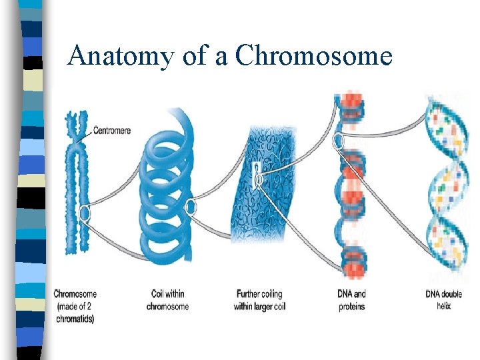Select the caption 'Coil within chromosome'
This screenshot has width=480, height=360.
[x=167, y=300]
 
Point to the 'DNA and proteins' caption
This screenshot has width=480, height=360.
[x=351, y=300]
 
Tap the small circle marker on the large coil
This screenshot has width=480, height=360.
[x=191, y=207]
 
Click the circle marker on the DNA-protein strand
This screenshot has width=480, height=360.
[x=339, y=141]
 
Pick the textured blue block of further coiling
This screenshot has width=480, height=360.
[x=260, y=180]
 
